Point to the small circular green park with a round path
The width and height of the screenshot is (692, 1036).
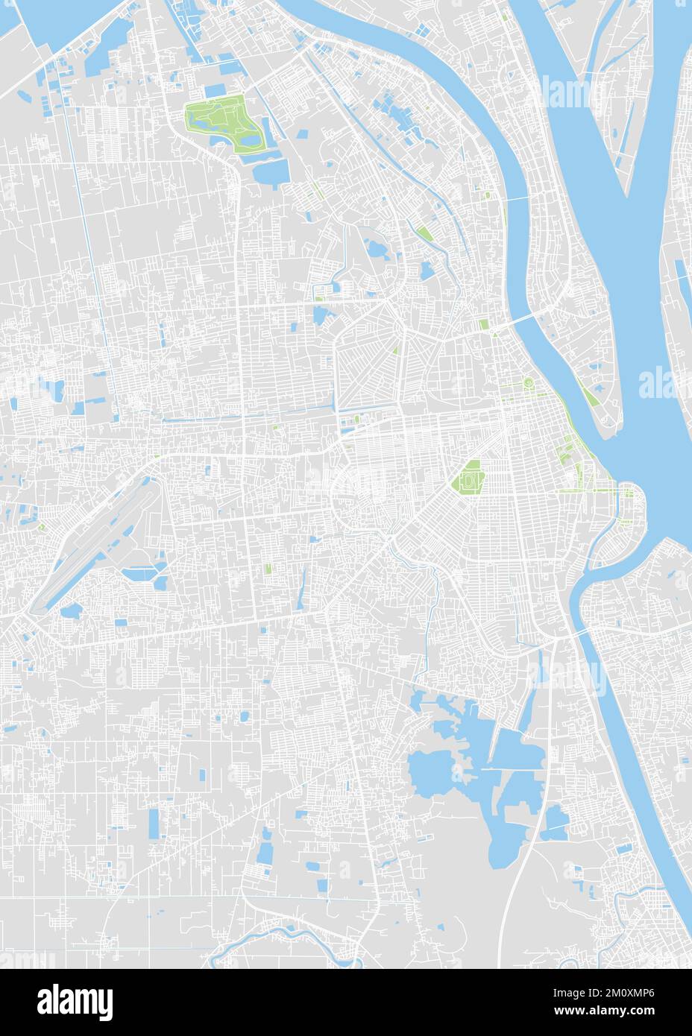click(529, 384)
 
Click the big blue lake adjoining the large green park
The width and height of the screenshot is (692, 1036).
click(271, 171)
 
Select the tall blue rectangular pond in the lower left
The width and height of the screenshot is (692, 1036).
click(154, 823)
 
